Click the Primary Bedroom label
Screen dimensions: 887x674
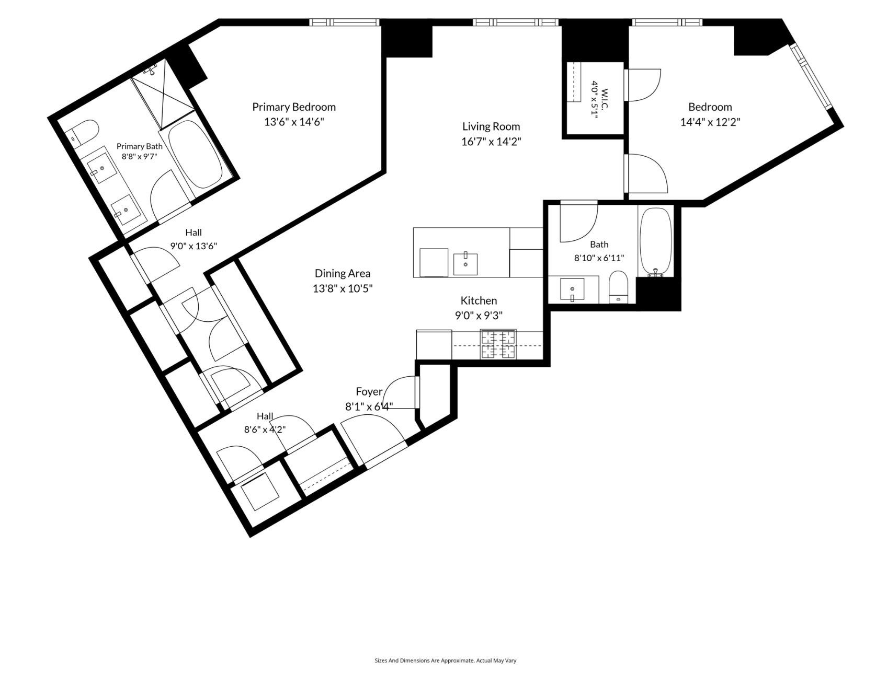294,107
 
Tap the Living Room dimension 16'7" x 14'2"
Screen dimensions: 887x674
491,142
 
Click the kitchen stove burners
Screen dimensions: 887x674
498,344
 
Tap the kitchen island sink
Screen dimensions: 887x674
465,263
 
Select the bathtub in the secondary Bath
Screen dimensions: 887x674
656,241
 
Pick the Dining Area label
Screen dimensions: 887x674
343,273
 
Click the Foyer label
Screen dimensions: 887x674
369,392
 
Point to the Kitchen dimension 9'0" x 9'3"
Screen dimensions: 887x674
479,315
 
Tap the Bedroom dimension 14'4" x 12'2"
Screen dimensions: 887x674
710,122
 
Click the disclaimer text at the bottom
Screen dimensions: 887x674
445,661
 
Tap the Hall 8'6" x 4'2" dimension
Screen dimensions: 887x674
265,430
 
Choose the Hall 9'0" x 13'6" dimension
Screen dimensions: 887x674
194,246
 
